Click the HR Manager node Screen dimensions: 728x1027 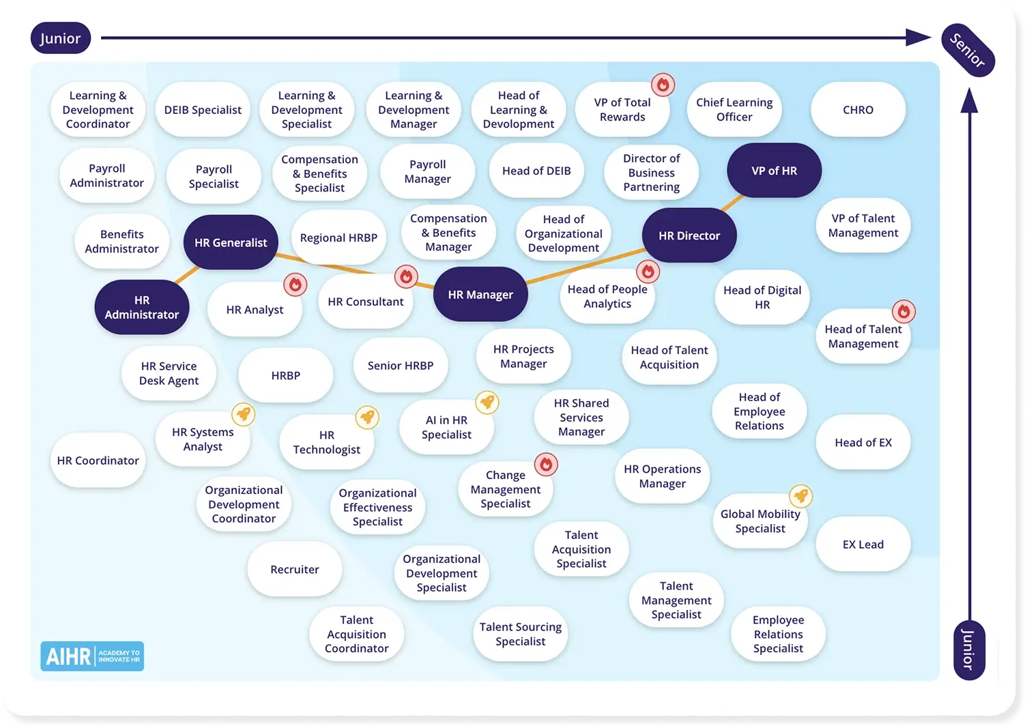tap(480, 295)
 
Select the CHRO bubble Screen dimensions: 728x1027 tap(858, 110)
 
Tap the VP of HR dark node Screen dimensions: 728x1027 tap(774, 171)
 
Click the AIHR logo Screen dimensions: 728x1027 tap(92, 656)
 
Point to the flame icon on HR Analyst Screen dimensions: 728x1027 tap(295, 285)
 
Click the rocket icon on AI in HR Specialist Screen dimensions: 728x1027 tap(487, 402)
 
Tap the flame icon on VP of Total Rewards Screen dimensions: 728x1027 tap(663, 85)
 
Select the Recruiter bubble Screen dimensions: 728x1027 tap(295, 570)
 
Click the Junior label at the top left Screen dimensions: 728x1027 tap(60, 39)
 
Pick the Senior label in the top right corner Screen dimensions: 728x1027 tap(968, 50)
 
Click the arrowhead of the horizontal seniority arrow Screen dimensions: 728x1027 tap(918, 38)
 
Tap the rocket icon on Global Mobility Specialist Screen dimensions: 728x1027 tap(800, 496)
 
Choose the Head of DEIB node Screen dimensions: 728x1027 tap(536, 171)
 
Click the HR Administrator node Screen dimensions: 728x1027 tap(142, 308)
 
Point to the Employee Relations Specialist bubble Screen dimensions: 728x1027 tap(778, 635)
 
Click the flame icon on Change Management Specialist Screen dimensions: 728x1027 tap(546, 465)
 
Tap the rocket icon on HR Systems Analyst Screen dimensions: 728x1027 tap(244, 413)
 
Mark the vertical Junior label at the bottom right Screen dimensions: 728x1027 tap(968, 650)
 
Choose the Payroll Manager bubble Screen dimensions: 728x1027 tap(427, 172)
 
